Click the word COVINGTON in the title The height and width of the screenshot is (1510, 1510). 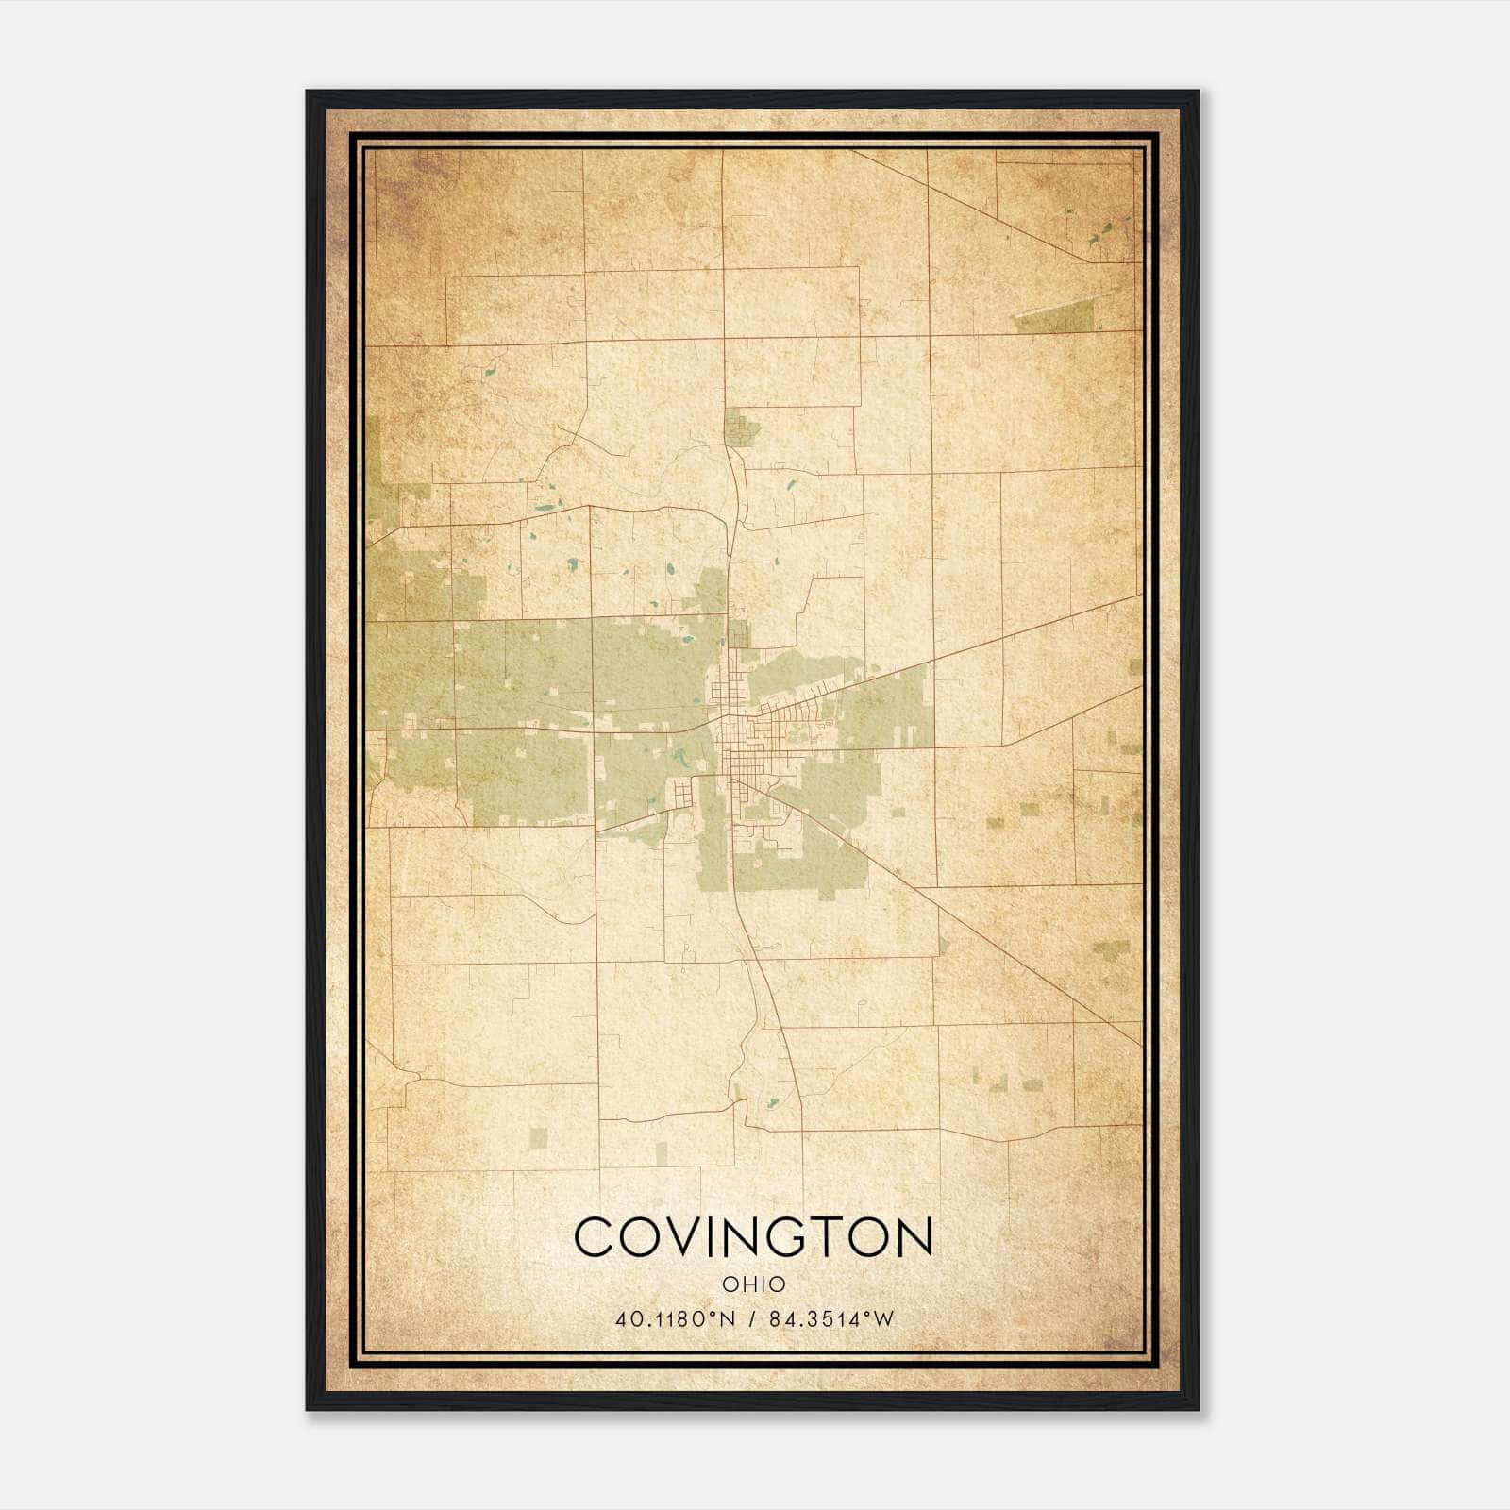coord(753,1237)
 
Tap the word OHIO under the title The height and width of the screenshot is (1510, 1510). coord(753,1283)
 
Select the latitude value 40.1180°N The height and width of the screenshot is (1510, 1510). coord(674,1319)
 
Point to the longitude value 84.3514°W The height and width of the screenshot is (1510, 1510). coord(830,1319)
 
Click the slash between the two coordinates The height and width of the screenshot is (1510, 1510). coord(752,1319)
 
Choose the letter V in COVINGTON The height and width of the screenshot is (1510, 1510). coord(684,1237)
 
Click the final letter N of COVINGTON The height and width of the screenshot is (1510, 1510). coord(914,1237)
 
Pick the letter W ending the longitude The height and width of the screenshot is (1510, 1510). coord(882,1319)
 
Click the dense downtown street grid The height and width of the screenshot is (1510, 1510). coord(746,746)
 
